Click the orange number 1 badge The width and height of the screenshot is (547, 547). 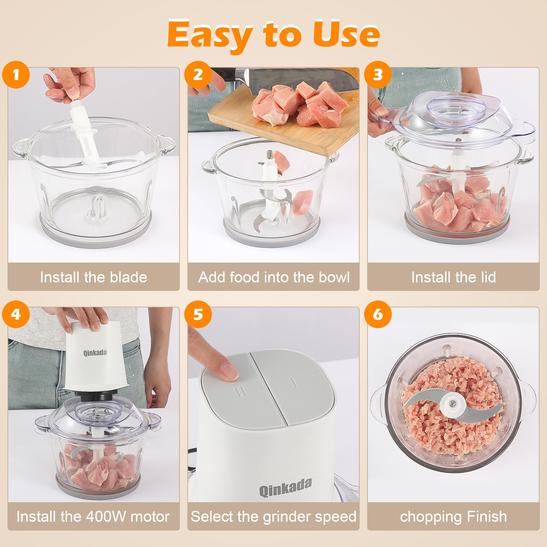click(16, 75)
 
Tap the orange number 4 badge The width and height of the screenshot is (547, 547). click(16, 314)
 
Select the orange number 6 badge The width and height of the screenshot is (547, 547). click(378, 314)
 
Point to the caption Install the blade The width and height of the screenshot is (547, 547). click(93, 277)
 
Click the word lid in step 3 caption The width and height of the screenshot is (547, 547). click(488, 277)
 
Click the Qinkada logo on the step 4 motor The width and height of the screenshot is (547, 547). click(95, 352)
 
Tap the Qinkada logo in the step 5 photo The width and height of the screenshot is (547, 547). click(285, 487)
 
